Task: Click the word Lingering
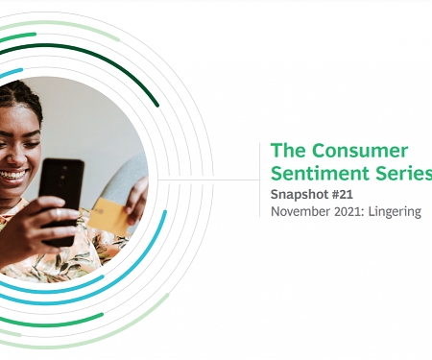click(x=396, y=211)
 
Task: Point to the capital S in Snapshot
click(x=276, y=195)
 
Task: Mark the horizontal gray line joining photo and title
click(x=206, y=180)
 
